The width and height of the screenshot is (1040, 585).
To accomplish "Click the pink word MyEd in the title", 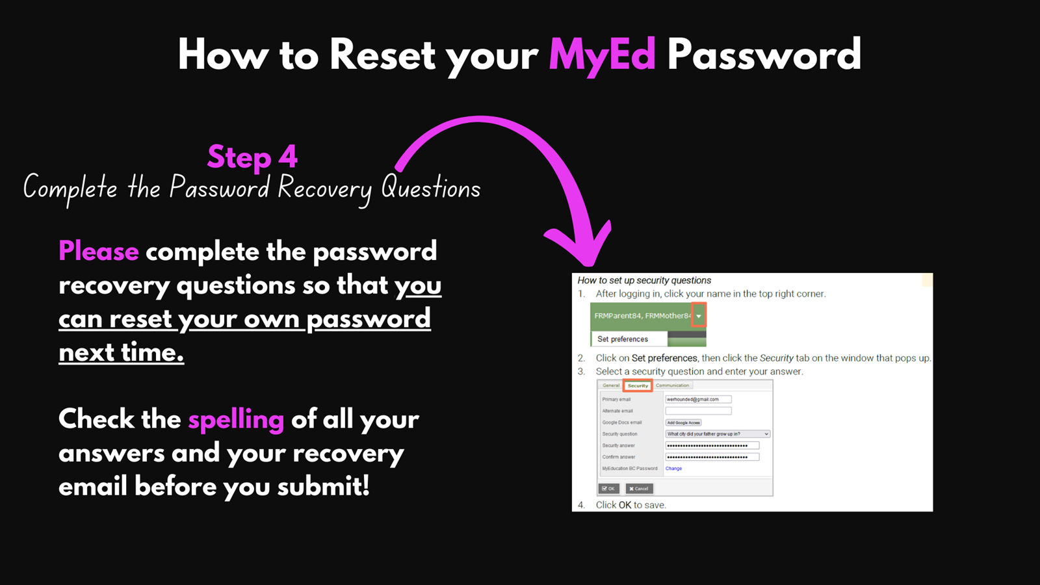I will pyautogui.click(x=602, y=55).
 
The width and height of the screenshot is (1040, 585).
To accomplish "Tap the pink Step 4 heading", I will pyautogui.click(x=252, y=157).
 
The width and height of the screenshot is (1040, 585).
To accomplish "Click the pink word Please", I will pyautogui.click(x=99, y=252).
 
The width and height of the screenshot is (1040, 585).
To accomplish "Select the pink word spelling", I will pyautogui.click(x=236, y=420).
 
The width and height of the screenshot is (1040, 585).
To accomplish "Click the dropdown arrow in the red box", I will pyautogui.click(x=699, y=316).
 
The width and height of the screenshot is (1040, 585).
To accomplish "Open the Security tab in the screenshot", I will pyautogui.click(x=638, y=385).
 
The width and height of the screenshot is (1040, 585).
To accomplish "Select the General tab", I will pyautogui.click(x=610, y=385).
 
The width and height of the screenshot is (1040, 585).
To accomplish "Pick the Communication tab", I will pyautogui.click(x=672, y=385).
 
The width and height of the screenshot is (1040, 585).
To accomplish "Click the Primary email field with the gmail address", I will pyautogui.click(x=698, y=400).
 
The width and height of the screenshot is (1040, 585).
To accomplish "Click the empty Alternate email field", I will pyautogui.click(x=698, y=411).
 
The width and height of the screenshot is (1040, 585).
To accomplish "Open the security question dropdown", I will pyautogui.click(x=718, y=434).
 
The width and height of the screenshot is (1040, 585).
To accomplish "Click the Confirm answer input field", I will pyautogui.click(x=712, y=457).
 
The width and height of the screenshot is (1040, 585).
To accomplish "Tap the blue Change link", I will pyautogui.click(x=673, y=469).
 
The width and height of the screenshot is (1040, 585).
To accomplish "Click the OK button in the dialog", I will pyautogui.click(x=608, y=489).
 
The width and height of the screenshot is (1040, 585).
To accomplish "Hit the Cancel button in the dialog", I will pyautogui.click(x=639, y=489).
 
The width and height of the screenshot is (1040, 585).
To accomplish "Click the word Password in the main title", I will pyautogui.click(x=764, y=55).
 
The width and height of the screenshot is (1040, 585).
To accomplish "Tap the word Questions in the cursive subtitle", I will pyautogui.click(x=430, y=188).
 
